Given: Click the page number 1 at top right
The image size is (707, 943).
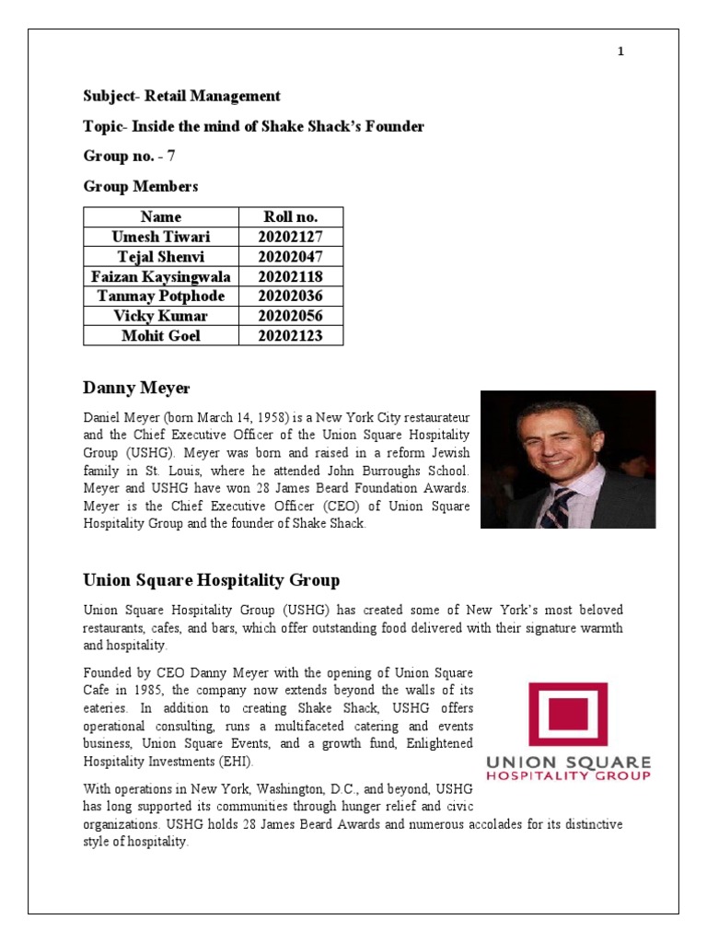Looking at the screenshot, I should click(620, 52).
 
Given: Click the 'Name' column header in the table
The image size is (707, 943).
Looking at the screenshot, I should click(160, 217).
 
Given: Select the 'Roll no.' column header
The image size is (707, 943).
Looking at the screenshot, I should click(291, 217).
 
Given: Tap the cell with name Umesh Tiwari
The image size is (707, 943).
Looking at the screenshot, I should click(160, 237).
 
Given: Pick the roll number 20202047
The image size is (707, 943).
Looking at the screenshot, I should click(291, 257).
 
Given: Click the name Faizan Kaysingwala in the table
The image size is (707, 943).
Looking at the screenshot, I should click(160, 276).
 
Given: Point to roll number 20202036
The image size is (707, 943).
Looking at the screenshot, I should click(291, 297).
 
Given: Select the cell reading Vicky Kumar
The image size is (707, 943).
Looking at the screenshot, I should click(160, 316).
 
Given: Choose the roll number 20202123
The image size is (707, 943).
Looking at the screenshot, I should click(291, 336).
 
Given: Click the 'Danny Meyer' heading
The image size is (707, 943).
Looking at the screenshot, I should click(136, 388).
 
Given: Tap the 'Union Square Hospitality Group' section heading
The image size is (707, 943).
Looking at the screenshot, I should click(211, 580).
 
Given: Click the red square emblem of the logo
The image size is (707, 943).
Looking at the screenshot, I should click(567, 714).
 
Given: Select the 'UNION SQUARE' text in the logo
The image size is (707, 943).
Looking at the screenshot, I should click(568, 763).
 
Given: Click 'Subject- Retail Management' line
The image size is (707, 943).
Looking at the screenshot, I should click(181, 96).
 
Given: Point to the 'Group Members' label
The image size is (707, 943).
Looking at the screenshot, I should click(140, 187).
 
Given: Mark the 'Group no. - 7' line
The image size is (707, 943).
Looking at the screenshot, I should click(129, 157).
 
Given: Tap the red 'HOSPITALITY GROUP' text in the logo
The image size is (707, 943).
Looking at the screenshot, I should click(568, 776).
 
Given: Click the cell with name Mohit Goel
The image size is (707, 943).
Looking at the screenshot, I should click(160, 336).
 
